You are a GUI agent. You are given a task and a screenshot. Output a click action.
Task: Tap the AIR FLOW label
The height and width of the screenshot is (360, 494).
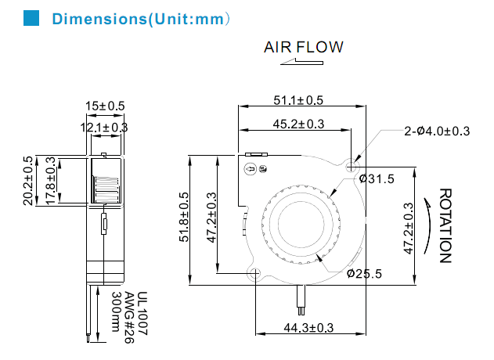pyautogui.click(x=303, y=47)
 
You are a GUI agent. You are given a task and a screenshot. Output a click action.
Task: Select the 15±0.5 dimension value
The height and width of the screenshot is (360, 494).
pyautogui.click(x=105, y=106)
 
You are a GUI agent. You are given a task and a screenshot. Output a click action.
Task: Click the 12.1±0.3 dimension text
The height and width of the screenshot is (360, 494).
pyautogui.click(x=104, y=127)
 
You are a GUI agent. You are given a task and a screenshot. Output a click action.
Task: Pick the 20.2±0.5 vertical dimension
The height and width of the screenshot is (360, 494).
pyautogui.click(x=29, y=181)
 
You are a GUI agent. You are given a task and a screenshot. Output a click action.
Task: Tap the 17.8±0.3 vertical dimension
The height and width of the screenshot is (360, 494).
pyautogui.click(x=51, y=181)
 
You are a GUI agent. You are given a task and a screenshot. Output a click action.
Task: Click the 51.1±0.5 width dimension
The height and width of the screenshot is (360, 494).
pyautogui.click(x=298, y=99)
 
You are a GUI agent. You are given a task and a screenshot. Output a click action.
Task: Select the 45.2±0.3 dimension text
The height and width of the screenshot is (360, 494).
pyautogui.click(x=298, y=123)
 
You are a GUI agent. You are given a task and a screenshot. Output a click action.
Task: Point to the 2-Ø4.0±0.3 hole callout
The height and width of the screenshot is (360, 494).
pyautogui.click(x=437, y=131)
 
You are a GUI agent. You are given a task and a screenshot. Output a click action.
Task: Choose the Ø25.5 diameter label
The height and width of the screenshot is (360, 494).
pyautogui.click(x=364, y=273)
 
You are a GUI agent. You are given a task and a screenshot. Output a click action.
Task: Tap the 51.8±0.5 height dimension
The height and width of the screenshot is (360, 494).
pyautogui.click(x=185, y=220)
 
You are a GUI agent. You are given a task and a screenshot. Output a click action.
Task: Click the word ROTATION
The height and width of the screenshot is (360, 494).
pyautogui.click(x=445, y=225)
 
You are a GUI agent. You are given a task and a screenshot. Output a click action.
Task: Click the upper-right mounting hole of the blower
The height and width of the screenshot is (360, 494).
pyautogui.click(x=352, y=166)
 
